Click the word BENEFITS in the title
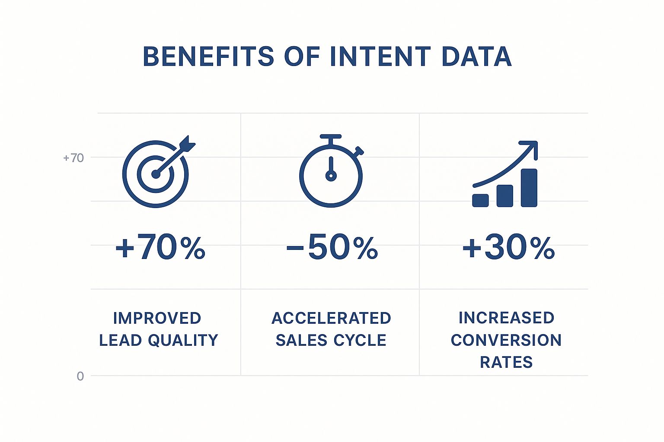(208, 57)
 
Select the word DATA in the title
(477, 57)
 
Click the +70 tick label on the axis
(73, 158)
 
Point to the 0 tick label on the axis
(80, 376)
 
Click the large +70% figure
(160, 247)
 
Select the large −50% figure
(332, 247)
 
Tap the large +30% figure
(508, 247)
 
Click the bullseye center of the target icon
(156, 174)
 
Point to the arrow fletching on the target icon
(187, 144)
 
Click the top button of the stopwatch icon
(331, 136)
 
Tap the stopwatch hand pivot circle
(331, 176)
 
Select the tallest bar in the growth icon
(529, 188)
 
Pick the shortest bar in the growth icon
(480, 200)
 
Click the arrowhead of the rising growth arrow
(530, 148)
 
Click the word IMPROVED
(157, 318)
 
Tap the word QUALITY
(183, 340)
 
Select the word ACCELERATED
(331, 318)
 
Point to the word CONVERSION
(506, 340)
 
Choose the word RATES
(506, 362)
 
